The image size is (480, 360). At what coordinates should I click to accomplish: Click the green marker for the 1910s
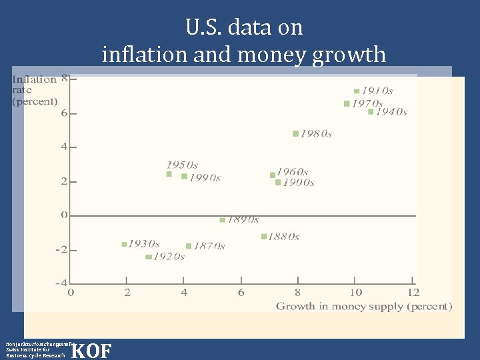click(x=357, y=91)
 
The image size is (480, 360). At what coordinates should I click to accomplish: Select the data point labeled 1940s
click(x=371, y=111)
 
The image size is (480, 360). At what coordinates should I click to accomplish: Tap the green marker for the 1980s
click(x=295, y=133)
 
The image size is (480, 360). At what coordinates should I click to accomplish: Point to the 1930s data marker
click(x=124, y=244)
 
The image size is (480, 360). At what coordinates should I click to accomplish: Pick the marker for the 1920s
click(x=148, y=257)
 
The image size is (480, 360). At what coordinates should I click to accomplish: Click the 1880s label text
click(x=284, y=237)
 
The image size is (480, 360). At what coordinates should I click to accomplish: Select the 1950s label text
click(x=182, y=165)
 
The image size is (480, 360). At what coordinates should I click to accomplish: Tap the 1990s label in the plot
click(x=205, y=177)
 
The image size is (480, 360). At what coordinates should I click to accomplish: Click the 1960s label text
click(x=293, y=173)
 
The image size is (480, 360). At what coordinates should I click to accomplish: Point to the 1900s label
click(x=298, y=183)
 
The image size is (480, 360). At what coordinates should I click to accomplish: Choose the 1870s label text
click(x=209, y=246)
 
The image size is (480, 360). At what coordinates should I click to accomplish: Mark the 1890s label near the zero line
click(x=243, y=219)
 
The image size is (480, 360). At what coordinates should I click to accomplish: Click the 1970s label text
click(x=367, y=103)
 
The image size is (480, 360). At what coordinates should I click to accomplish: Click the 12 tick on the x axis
click(x=413, y=292)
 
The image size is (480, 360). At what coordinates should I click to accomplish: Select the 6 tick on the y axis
click(x=65, y=113)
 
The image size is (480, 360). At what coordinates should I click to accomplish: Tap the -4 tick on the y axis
click(x=61, y=283)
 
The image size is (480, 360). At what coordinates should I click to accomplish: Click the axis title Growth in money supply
click(x=364, y=307)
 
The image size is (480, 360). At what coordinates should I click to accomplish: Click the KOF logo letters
click(x=91, y=351)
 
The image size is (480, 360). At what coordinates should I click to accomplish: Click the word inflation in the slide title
click(x=144, y=53)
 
